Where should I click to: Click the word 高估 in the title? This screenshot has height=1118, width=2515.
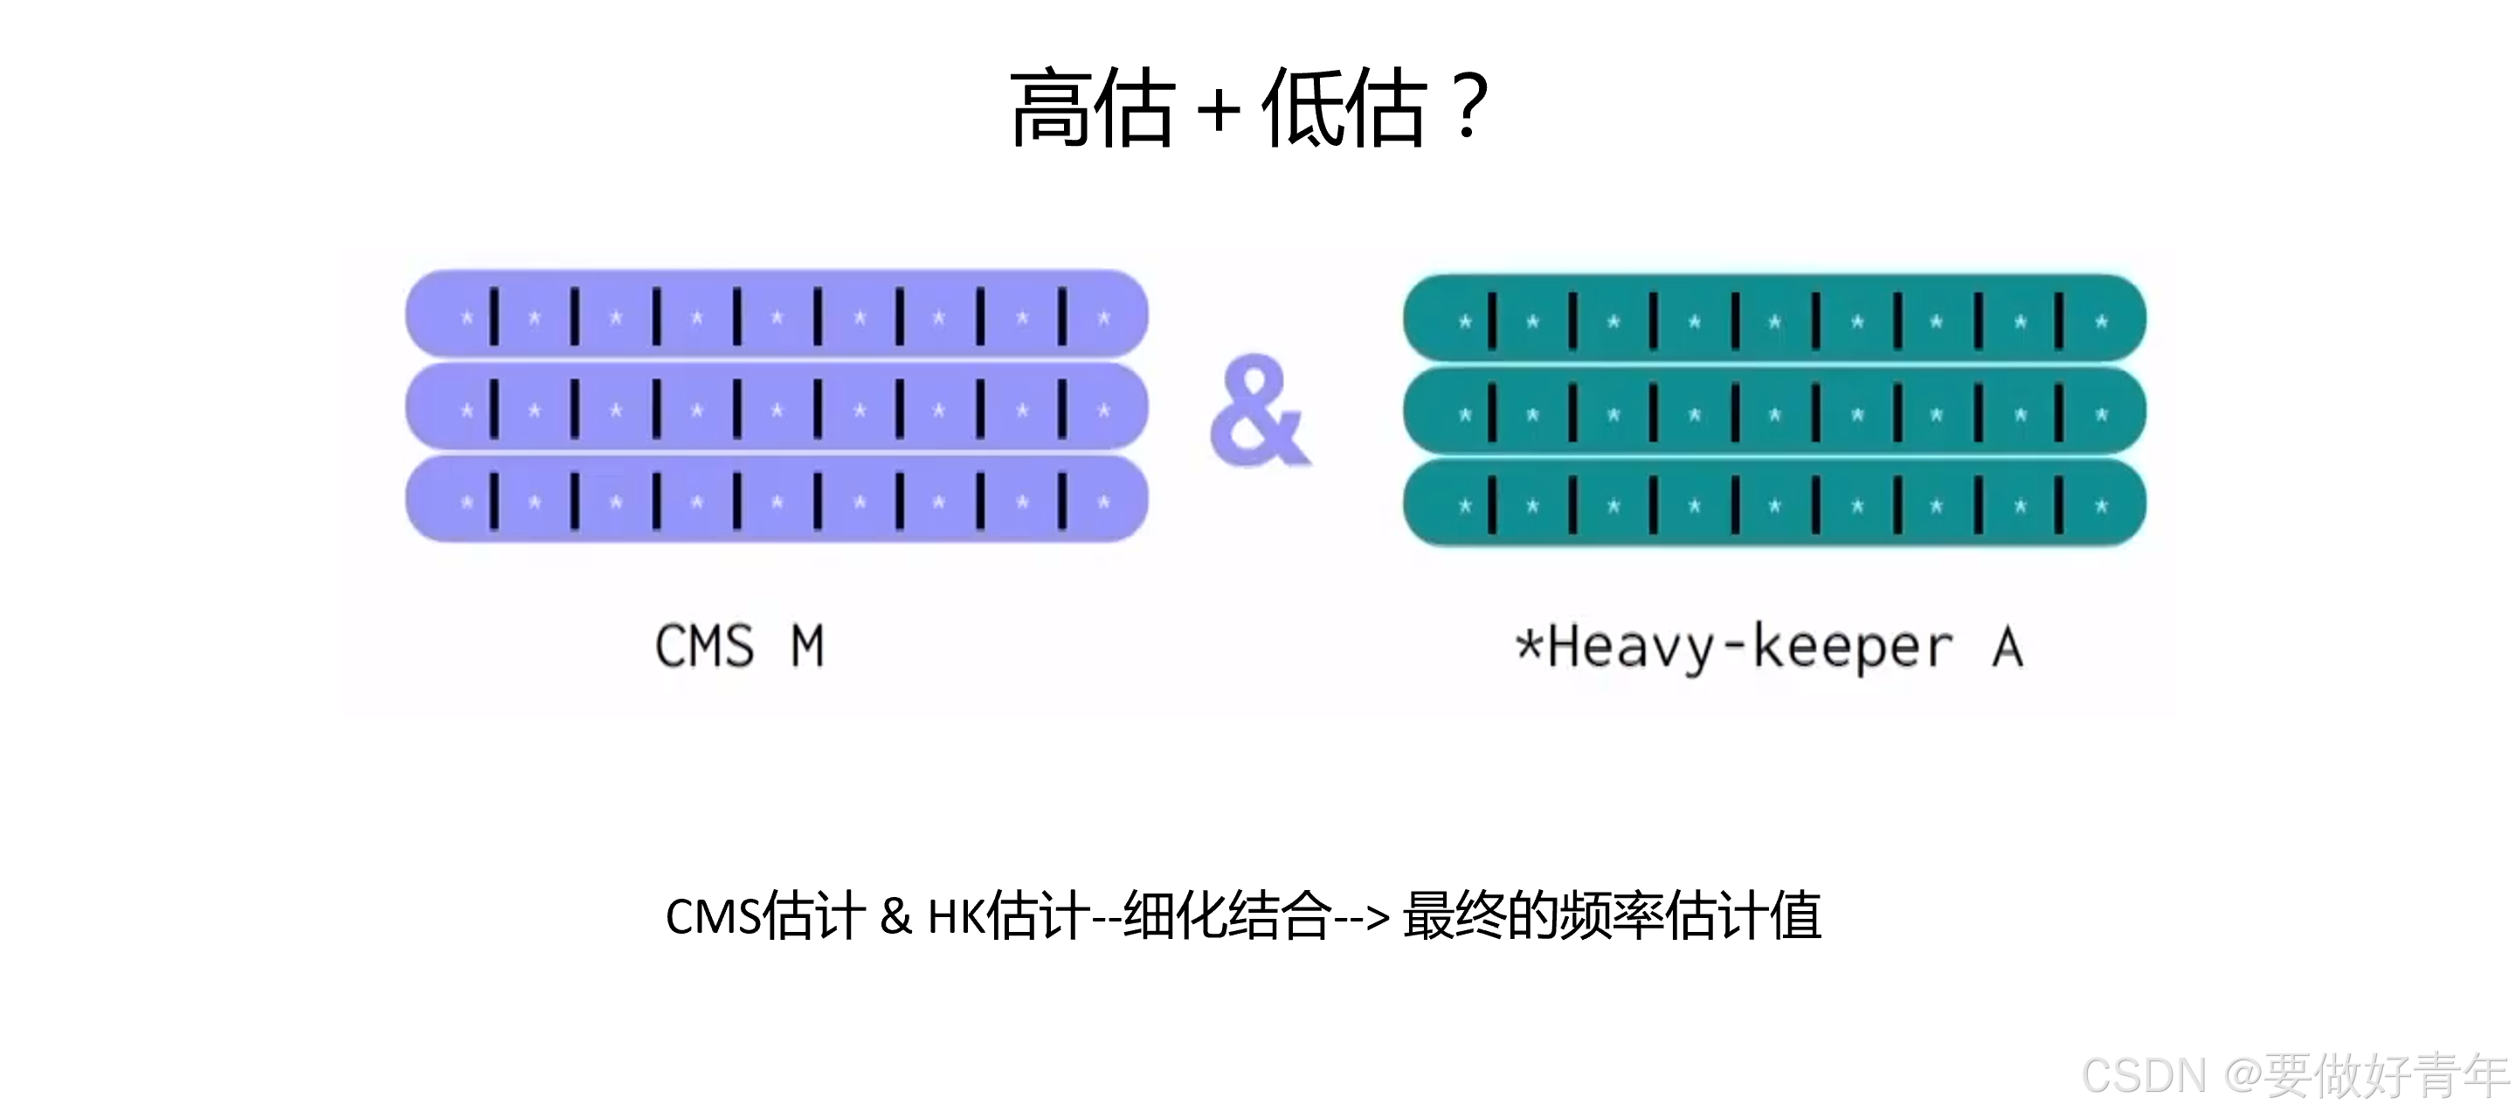1092,107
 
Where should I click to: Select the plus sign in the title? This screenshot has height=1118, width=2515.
1219,109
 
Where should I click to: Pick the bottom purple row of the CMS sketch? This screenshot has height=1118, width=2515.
777,500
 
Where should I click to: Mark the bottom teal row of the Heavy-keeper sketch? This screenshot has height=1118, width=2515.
1774,504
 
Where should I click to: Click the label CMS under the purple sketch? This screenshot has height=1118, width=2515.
704,646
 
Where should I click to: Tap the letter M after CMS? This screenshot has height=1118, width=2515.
807,646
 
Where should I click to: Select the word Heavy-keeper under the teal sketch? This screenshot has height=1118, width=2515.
1750,648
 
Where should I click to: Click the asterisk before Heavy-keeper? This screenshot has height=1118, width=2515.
1529,645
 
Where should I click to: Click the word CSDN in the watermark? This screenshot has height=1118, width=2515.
2144,1076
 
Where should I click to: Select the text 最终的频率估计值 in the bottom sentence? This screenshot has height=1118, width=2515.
1612,916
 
